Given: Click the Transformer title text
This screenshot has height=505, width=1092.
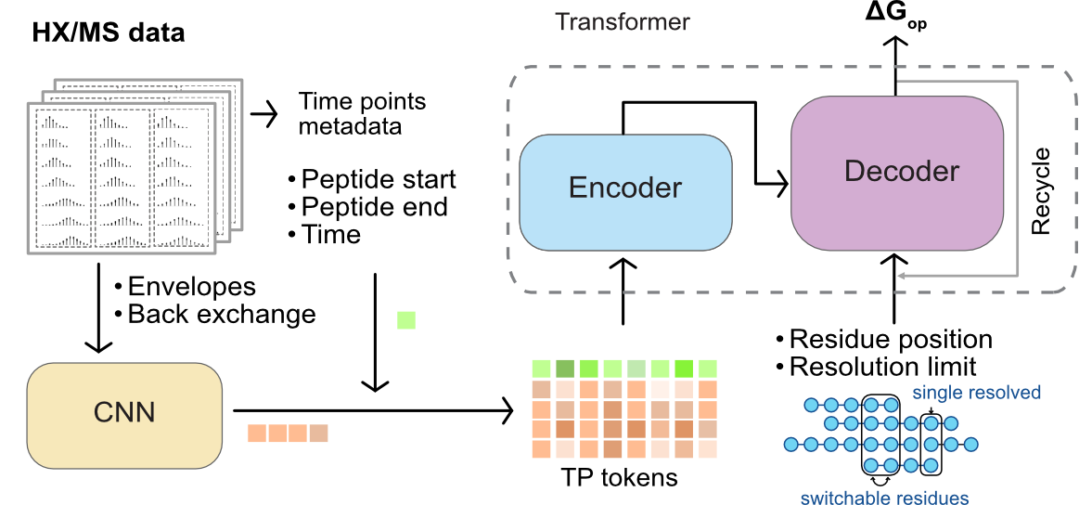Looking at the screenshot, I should [622, 21].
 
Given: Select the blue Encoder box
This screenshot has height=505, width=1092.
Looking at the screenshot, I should [625, 191].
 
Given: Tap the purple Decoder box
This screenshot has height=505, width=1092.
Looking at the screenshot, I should [897, 173].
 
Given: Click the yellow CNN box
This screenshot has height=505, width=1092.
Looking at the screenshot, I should [124, 414].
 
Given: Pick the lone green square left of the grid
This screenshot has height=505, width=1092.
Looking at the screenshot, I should [406, 320].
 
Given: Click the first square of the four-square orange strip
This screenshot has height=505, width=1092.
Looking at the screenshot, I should [257, 434].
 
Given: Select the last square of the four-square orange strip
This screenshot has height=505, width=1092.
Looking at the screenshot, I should [319, 434].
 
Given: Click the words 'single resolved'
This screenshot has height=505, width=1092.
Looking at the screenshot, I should [976, 392].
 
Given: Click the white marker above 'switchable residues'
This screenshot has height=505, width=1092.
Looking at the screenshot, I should [880, 481].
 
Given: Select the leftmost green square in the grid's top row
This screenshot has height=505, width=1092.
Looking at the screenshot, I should [541, 369].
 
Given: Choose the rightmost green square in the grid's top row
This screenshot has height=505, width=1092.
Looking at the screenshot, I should [708, 369].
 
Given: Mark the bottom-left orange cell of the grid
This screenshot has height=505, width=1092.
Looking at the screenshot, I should [541, 449].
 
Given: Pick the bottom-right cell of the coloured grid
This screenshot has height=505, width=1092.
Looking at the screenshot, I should [708, 449].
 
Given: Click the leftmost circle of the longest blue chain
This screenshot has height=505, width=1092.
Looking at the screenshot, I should [790, 445].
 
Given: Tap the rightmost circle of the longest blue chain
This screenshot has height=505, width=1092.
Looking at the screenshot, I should [971, 445].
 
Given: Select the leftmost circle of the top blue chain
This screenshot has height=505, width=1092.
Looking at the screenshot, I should [810, 405].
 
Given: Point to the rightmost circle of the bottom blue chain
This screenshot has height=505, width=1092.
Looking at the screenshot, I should [931, 465].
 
